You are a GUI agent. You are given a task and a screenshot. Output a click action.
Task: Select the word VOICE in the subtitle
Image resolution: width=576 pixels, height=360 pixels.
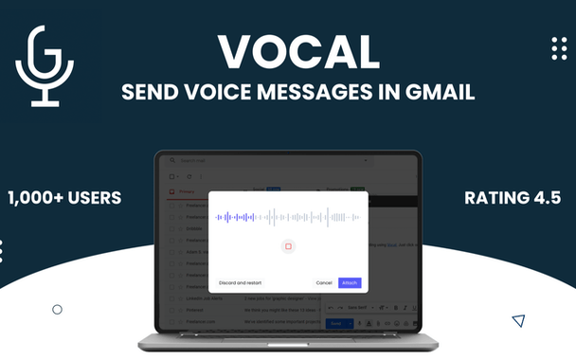point(220,94)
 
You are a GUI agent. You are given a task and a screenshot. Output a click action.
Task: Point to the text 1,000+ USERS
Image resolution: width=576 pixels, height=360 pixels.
point(64,198)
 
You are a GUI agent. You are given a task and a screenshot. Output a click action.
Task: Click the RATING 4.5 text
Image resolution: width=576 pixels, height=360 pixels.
point(512,198)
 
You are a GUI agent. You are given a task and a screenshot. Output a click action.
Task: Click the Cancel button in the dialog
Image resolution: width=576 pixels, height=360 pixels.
point(324,282)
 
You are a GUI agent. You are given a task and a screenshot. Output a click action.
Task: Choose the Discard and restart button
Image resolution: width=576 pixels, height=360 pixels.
point(240,282)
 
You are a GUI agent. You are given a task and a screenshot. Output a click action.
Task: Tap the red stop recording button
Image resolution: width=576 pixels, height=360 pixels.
point(288,246)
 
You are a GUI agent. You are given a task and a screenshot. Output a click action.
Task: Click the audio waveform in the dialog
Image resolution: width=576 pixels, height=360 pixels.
point(288,217)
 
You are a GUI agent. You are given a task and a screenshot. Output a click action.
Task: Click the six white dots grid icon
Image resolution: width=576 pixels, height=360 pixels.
point(559,48)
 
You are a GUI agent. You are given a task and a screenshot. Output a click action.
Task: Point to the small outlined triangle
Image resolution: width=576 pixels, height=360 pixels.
point(518,320)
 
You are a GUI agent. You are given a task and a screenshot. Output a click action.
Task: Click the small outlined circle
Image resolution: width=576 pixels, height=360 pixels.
point(57,309)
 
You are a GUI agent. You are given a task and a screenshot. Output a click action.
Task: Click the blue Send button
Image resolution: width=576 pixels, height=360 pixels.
point(335,323)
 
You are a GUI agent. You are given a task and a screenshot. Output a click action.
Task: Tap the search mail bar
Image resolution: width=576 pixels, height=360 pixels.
point(218,161)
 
